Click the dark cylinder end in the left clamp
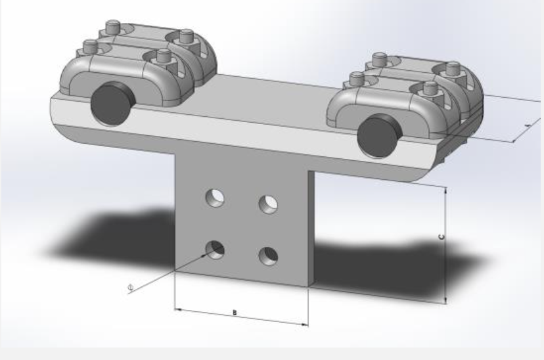112,104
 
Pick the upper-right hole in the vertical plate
267,204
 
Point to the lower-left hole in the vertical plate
215,248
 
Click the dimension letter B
235,312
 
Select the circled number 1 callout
130,287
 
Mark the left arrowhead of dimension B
177,307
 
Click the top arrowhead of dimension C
446,191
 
